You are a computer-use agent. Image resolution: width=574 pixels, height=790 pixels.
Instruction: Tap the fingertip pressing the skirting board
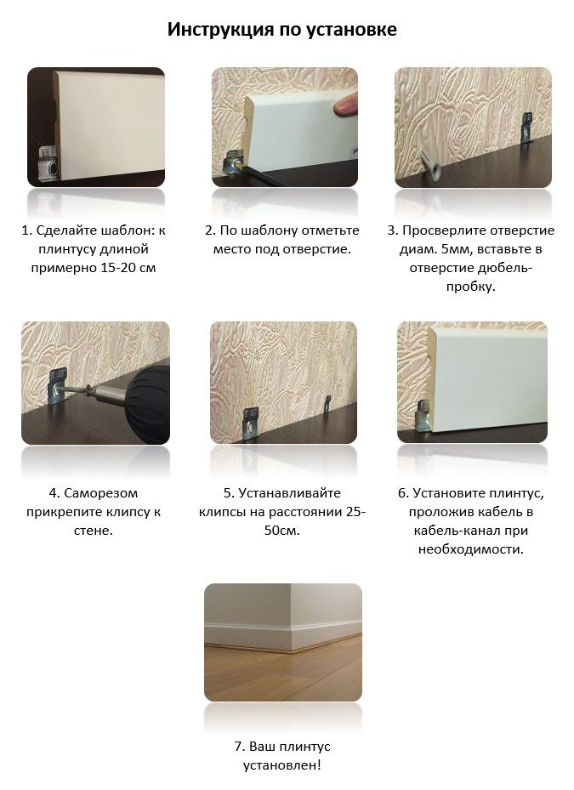point(346,105)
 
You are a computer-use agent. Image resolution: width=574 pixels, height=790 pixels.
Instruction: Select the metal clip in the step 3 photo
point(527,127)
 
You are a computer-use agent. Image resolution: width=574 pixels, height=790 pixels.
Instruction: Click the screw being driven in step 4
point(77,391)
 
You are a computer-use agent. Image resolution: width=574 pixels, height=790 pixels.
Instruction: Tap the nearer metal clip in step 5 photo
point(250,423)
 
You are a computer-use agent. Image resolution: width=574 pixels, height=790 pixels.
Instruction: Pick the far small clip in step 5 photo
point(327,404)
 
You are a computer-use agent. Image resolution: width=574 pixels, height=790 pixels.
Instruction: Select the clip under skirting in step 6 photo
point(423,414)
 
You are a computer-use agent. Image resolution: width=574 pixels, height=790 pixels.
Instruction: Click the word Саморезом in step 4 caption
point(101,493)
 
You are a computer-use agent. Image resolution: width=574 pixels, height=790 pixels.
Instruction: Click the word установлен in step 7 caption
point(281,765)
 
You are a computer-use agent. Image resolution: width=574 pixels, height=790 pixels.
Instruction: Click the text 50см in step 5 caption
point(281,531)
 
